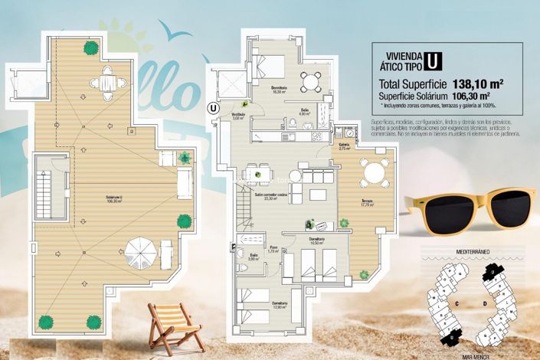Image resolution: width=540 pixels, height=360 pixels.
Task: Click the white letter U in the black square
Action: [x=434, y=61]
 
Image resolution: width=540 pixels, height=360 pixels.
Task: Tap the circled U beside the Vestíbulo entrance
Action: [x=212, y=107]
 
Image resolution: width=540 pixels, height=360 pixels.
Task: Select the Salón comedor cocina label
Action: [x=271, y=196]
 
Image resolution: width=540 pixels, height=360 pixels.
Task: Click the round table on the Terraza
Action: [x=374, y=173]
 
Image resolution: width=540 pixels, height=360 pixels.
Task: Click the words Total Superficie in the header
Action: [x=411, y=84]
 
